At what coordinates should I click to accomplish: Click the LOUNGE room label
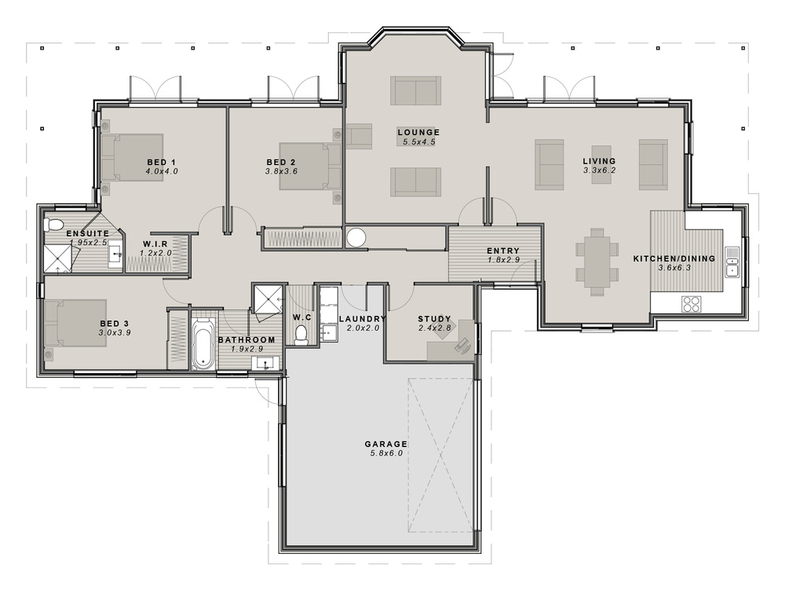(x=418, y=132)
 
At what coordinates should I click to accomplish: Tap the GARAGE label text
(x=385, y=444)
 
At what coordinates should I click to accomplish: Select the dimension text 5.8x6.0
(x=385, y=454)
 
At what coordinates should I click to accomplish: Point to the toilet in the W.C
(x=301, y=335)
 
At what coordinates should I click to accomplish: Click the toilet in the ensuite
(x=54, y=224)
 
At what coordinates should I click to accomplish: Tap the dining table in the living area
(x=597, y=262)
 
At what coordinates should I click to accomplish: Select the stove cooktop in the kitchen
(x=692, y=303)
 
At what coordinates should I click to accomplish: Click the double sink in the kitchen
(x=732, y=262)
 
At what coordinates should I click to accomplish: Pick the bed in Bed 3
(x=75, y=323)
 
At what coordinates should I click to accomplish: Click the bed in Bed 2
(x=310, y=167)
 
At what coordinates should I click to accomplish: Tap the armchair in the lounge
(x=359, y=136)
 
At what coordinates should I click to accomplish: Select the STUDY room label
(x=434, y=319)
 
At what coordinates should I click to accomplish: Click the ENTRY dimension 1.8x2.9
(x=503, y=260)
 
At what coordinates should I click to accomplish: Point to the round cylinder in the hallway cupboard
(x=356, y=237)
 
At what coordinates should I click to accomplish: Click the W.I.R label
(x=155, y=244)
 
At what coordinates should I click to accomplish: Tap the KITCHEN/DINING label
(x=674, y=258)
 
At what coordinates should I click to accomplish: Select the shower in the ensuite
(x=59, y=258)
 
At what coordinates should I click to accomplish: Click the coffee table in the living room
(x=601, y=165)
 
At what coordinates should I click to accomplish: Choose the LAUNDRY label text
(x=363, y=319)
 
